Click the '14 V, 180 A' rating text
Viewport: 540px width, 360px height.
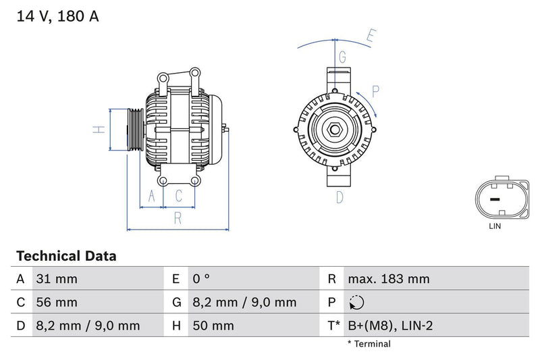pyautogui.click(x=57, y=16)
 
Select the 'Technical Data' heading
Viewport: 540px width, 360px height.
pyautogui.click(x=66, y=256)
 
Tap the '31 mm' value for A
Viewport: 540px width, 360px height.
pyautogui.click(x=57, y=279)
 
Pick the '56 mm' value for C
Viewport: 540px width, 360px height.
pyautogui.click(x=57, y=303)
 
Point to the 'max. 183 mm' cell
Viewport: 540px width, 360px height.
pyautogui.click(x=388, y=279)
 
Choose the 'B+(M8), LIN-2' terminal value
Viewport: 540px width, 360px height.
pyautogui.click(x=389, y=326)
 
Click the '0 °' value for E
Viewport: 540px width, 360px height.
pyautogui.click(x=202, y=279)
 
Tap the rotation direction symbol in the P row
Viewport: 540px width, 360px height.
pyautogui.click(x=356, y=303)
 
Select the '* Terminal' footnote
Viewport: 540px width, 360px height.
pyautogui.click(x=369, y=344)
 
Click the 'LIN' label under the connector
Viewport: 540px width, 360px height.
pyautogui.click(x=495, y=226)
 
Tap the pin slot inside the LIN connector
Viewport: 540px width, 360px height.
pyautogui.click(x=495, y=200)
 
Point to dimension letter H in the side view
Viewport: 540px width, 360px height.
pyautogui.click(x=99, y=129)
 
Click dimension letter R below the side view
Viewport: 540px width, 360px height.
pyautogui.click(x=178, y=217)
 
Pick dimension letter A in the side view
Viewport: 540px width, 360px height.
pyautogui.click(x=152, y=197)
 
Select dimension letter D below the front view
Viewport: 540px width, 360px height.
pyautogui.click(x=340, y=197)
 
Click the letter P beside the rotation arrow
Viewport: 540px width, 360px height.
pyautogui.click(x=375, y=91)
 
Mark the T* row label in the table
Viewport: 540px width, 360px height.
pyautogui.click(x=333, y=326)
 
